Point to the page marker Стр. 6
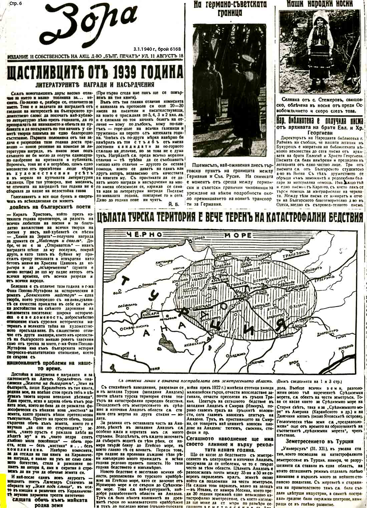[x=9, y=4]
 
